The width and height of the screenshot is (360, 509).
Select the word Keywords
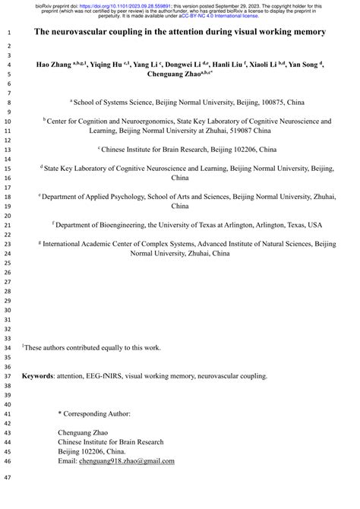[37, 375]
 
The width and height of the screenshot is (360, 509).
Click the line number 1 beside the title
[8, 33]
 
